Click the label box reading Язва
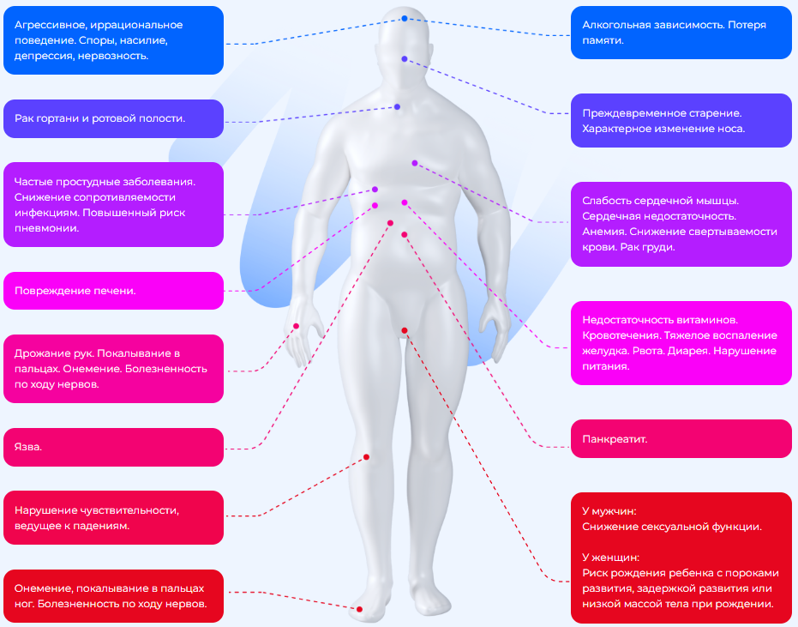(x=113, y=447)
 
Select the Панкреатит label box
(x=681, y=438)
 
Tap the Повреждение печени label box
(x=113, y=291)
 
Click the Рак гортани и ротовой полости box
(x=113, y=118)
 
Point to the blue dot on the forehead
(x=405, y=18)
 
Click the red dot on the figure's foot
(x=359, y=609)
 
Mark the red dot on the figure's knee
(x=366, y=457)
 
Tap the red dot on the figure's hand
(x=297, y=326)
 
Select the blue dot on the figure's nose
(x=405, y=59)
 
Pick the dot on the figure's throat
(x=398, y=107)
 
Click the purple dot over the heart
(x=414, y=162)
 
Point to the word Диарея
(x=685, y=350)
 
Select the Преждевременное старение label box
(x=681, y=120)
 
